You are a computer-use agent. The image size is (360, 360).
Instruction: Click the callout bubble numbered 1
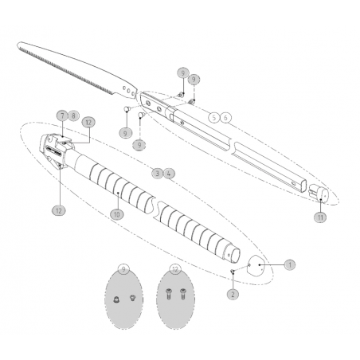[x=289, y=264]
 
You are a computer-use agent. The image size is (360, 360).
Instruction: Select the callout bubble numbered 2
[x=233, y=294]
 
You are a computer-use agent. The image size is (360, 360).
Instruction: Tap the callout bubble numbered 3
[x=158, y=172]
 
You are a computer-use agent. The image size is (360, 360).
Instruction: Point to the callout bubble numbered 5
[x=213, y=117]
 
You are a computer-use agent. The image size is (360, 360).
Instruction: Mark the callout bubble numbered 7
[x=62, y=115]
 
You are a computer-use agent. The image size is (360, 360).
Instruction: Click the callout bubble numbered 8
[x=73, y=115]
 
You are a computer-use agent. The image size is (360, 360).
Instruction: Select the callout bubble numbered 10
[x=116, y=213]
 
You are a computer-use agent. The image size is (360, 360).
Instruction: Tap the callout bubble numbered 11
[x=320, y=216]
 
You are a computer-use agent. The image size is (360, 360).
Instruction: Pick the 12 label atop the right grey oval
[x=175, y=269]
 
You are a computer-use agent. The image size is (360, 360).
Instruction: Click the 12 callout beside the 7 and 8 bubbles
[x=89, y=123]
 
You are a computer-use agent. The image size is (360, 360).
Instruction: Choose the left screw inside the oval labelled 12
[x=169, y=292]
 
